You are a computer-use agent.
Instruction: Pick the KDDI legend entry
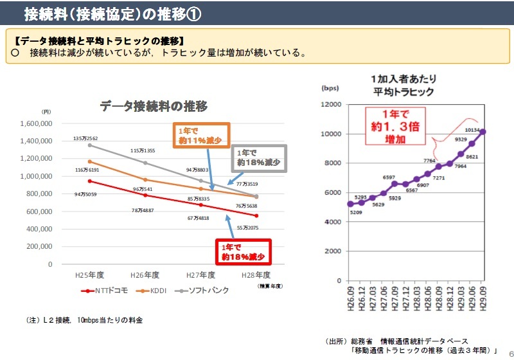pyautogui.click(x=155, y=291)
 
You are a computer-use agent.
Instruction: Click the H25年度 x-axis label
pyautogui.click(x=89, y=275)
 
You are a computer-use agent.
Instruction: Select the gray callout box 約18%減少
pyautogui.click(x=258, y=158)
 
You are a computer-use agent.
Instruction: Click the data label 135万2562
pyautogui.click(x=85, y=139)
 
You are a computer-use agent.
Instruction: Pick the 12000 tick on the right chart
pyautogui.click(x=330, y=104)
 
